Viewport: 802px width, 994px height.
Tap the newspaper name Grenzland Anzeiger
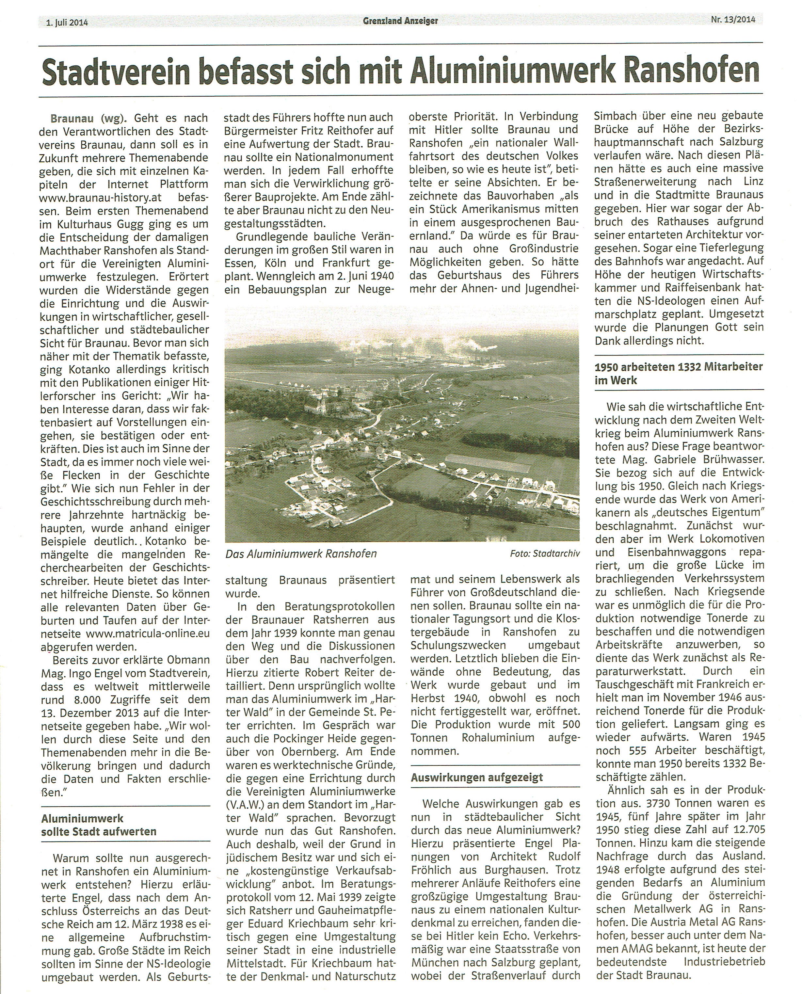click(x=400, y=20)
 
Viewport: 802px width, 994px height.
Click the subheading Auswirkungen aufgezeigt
click(x=477, y=778)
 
